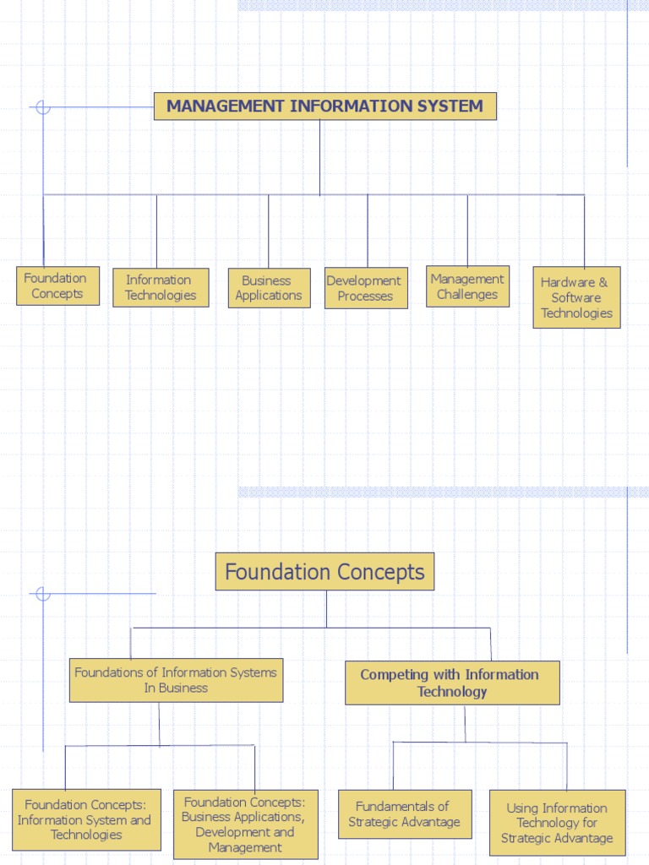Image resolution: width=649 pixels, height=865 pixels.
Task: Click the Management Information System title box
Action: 324,106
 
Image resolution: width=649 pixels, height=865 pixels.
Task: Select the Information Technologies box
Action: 161,288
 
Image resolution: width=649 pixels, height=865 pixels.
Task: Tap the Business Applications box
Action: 269,288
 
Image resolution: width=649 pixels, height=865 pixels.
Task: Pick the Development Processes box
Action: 366,289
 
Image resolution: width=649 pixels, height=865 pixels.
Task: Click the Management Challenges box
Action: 467,287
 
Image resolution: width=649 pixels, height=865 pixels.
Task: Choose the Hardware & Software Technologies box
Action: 576,297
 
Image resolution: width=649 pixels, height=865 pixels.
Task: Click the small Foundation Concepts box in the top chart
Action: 57,286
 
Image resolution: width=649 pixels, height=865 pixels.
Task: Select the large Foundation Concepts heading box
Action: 324,572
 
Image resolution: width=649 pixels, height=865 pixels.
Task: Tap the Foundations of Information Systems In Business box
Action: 176,680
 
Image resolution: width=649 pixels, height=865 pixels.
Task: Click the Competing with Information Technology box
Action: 452,683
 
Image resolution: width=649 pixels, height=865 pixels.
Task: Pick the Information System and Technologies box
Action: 86,819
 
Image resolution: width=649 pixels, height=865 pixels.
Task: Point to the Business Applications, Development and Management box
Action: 245,824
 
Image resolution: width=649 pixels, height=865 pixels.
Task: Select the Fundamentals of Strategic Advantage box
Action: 405,814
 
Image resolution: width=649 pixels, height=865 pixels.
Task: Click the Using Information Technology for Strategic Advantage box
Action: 557,823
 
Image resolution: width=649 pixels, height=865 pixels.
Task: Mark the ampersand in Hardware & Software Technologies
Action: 603,282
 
